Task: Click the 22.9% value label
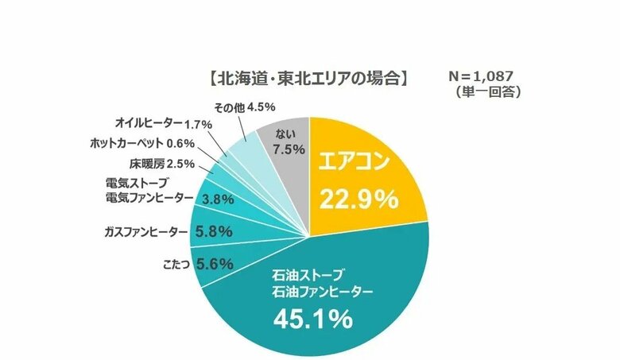(358, 199)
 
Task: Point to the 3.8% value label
(218, 199)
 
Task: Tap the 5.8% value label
(213, 232)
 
